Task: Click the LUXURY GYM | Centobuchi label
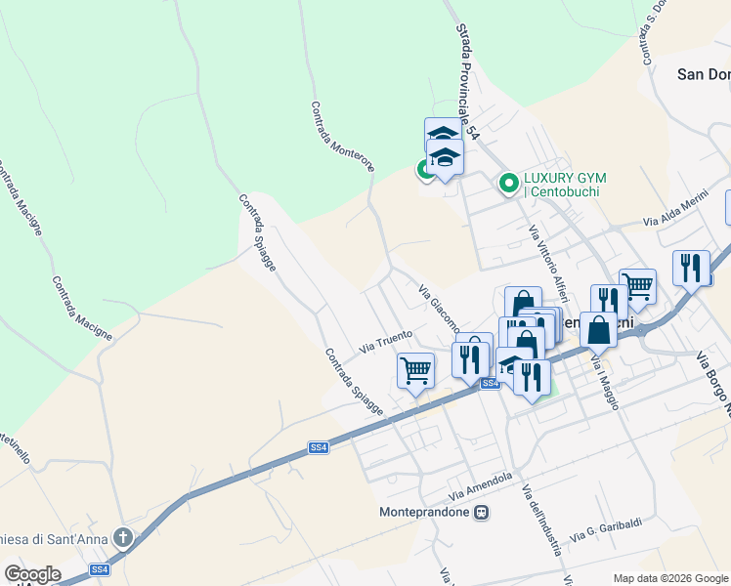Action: (565, 184)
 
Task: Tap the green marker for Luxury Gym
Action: (508, 183)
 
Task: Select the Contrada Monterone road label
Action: (342, 138)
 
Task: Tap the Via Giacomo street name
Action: (440, 308)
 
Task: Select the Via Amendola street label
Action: (482, 482)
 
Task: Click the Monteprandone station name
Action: (424, 512)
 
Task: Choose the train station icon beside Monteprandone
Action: (481, 512)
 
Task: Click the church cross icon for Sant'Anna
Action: (123, 537)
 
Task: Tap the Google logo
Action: (32, 575)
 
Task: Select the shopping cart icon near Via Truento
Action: (415, 370)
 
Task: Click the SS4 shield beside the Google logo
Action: (100, 569)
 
